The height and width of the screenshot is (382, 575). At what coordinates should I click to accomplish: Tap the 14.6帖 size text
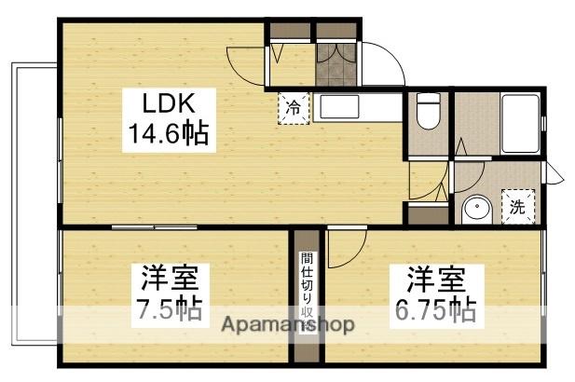[168, 137]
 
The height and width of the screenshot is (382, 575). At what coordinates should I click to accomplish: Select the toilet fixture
[428, 115]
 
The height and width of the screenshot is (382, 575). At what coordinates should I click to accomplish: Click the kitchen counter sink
[343, 107]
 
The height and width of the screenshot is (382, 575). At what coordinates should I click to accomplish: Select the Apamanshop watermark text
[286, 325]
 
